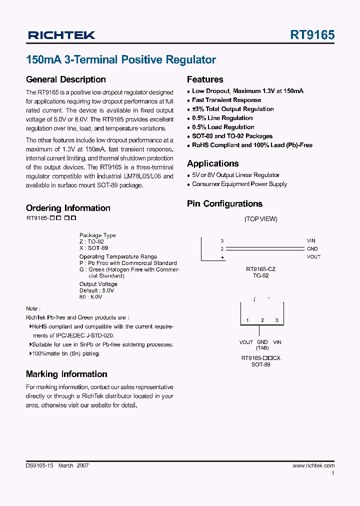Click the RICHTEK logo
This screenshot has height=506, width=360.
click(x=61, y=35)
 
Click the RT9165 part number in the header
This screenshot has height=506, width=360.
click(x=312, y=35)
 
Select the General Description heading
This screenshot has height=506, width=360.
click(x=65, y=79)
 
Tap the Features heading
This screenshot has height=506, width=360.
click(x=205, y=79)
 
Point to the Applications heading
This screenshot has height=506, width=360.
click(x=212, y=163)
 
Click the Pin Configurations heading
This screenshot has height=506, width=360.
click(x=224, y=203)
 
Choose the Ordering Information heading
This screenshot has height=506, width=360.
click(x=68, y=208)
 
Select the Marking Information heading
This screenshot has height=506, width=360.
click(x=66, y=374)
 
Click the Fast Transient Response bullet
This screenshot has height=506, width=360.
click(x=226, y=100)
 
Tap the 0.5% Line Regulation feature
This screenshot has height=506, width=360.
click(x=222, y=118)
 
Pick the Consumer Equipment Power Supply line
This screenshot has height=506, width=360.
click(x=239, y=184)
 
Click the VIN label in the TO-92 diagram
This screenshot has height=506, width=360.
click(x=311, y=241)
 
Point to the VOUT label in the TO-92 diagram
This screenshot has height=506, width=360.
click(x=313, y=257)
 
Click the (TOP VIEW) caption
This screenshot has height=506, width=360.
click(x=260, y=219)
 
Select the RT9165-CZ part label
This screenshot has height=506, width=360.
click(x=260, y=269)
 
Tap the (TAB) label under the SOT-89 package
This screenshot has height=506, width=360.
click(x=262, y=348)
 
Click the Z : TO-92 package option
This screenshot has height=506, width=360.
click(x=91, y=241)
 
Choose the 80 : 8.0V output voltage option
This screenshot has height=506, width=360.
click(x=90, y=297)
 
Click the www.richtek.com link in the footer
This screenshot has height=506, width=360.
click(x=313, y=465)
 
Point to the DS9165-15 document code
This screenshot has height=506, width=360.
click(x=39, y=465)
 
